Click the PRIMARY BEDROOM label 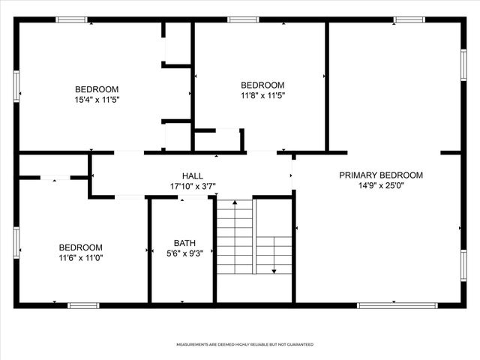pos(381,175)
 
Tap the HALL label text pos(193,175)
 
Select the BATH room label pos(184,242)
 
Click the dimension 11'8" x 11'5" pos(262,95)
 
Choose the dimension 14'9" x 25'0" pos(381,186)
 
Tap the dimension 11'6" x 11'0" pos(81,257)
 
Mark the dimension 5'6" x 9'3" pos(184,253)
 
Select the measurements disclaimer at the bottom pos(244,344)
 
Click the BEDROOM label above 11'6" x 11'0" pos(81,247)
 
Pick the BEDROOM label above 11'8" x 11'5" pos(262,85)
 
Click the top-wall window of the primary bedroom pos(409,19)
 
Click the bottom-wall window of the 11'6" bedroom pos(83,305)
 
